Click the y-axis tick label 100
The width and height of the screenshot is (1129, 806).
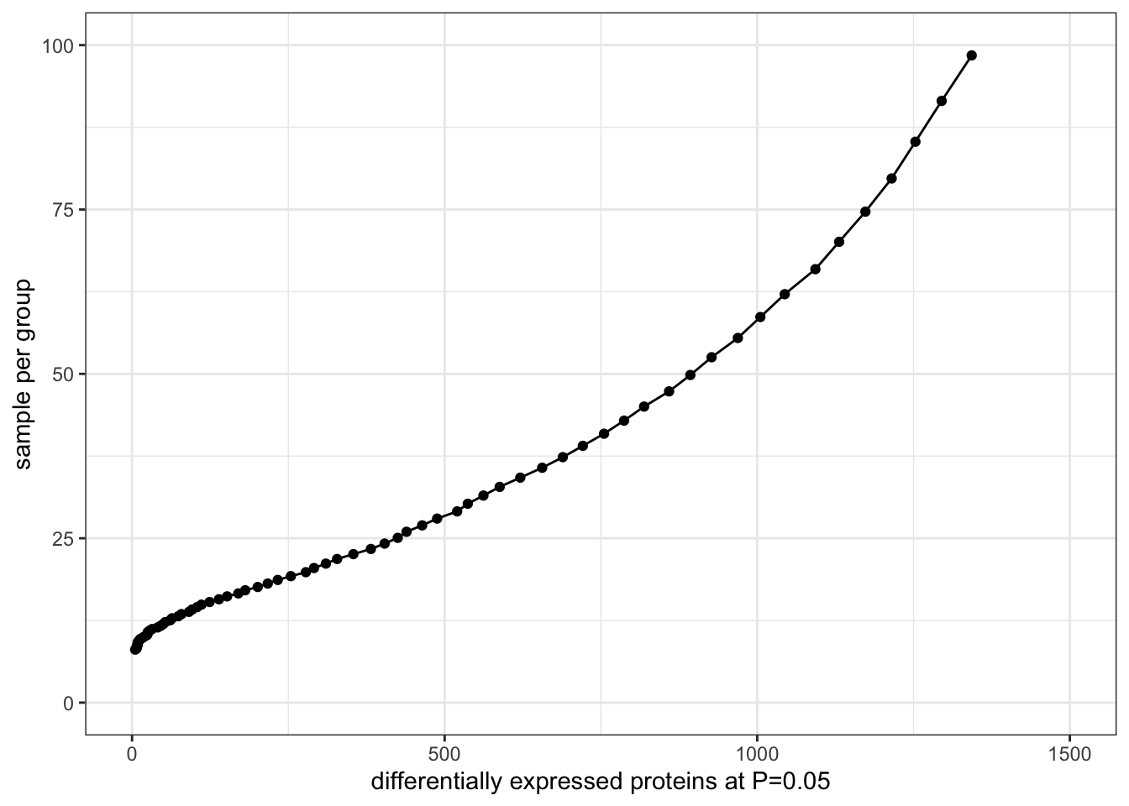pyautogui.click(x=57, y=44)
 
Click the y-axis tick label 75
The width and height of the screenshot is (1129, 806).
pyautogui.click(x=62, y=209)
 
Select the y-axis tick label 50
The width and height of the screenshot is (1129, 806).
pyautogui.click(x=62, y=374)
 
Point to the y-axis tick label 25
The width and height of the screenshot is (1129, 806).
pyautogui.click(x=62, y=538)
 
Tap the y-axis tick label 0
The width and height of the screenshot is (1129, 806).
pyautogui.click(x=68, y=703)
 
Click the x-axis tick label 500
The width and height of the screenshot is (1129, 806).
pyautogui.click(x=444, y=754)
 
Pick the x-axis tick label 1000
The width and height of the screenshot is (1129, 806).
pyautogui.click(x=757, y=754)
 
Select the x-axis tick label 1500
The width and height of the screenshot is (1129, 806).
pyautogui.click(x=1069, y=754)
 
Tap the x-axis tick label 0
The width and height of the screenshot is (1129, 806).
pyautogui.click(x=132, y=754)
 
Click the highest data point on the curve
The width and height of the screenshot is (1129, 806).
pyautogui.click(x=972, y=55)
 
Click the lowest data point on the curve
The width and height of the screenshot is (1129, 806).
pyautogui.click(x=135, y=649)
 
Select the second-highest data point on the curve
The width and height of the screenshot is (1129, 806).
pyautogui.click(x=942, y=101)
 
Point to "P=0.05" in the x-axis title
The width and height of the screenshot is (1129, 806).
pyautogui.click(x=790, y=782)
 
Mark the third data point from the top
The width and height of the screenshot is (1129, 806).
pyautogui.click(x=916, y=141)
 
